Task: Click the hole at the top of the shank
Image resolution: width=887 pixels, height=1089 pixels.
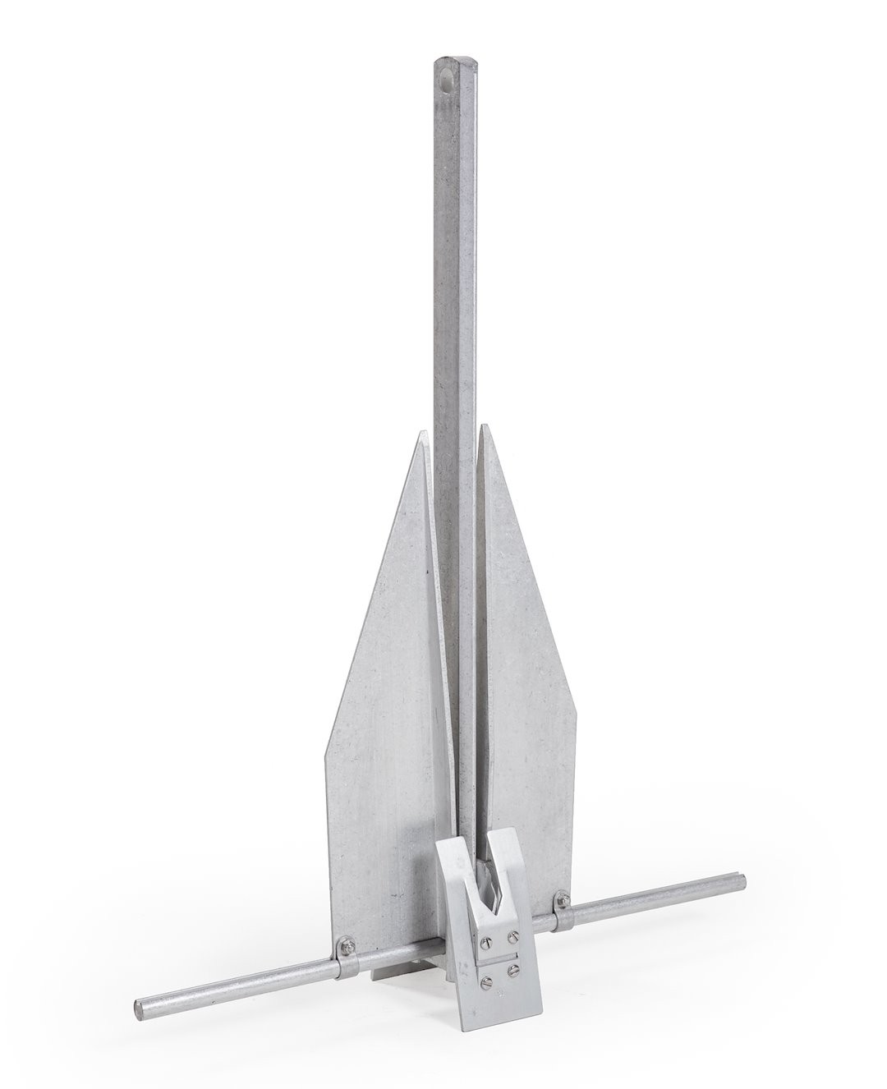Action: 446,83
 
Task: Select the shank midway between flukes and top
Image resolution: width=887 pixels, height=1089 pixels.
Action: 453,246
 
